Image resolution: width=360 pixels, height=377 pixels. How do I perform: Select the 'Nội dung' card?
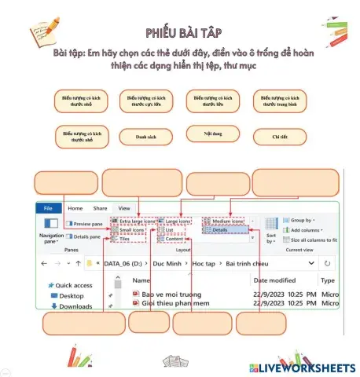[212, 134]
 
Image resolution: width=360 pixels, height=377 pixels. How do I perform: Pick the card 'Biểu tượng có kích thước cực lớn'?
[147, 100]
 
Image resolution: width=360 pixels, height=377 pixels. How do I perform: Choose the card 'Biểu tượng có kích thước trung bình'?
[281, 100]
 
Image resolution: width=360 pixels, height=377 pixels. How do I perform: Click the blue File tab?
[47, 208]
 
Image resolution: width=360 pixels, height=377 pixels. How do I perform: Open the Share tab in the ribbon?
[100, 208]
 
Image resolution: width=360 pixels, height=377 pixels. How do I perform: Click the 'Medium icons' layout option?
[227, 221]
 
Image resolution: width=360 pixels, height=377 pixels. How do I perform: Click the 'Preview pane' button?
[86, 224]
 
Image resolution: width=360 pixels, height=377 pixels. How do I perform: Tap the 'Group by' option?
[301, 221]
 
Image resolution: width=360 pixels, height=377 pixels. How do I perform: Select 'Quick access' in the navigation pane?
[72, 285]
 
